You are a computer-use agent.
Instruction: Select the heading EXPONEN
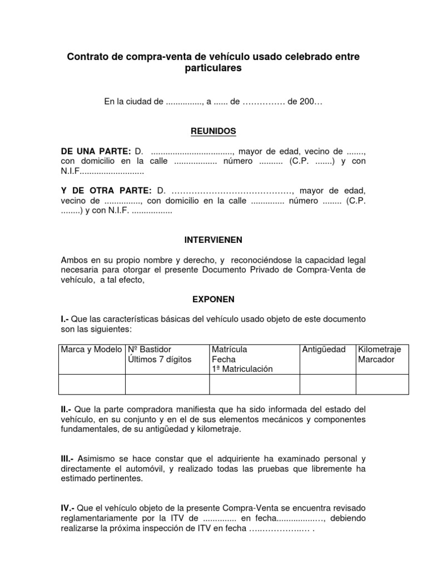[213, 299]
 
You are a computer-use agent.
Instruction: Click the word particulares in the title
[213, 68]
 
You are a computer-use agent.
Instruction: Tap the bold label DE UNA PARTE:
[96, 152]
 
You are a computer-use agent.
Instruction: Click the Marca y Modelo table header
[92, 350]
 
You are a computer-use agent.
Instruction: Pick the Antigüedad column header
[324, 350]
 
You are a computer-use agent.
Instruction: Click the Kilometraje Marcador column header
[383, 355]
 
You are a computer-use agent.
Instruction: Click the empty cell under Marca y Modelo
[92, 384]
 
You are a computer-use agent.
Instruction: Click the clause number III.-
[70, 458]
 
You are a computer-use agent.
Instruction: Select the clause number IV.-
[70, 508]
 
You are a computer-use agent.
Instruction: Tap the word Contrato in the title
[86, 57]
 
